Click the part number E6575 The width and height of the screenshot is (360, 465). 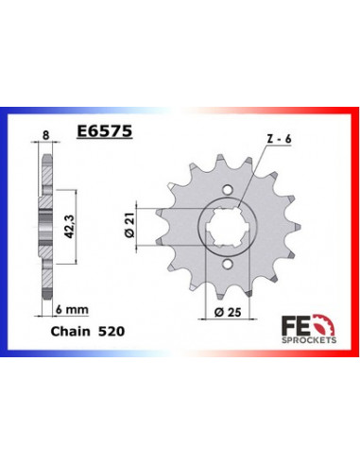(x=105, y=135)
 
